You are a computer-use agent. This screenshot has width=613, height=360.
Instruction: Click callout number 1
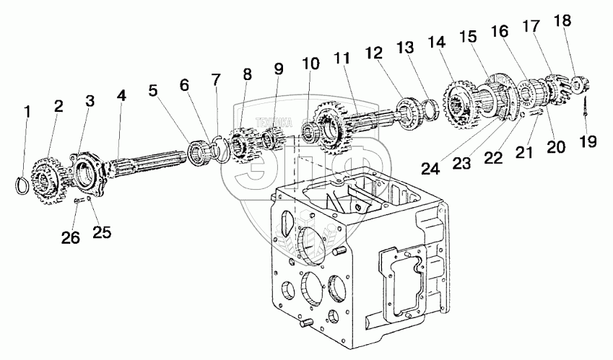pyautogui.click(x=27, y=112)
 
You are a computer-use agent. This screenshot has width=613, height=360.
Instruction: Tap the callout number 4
pyautogui.click(x=121, y=96)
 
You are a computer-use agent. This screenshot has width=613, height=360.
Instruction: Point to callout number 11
pyautogui.click(x=341, y=58)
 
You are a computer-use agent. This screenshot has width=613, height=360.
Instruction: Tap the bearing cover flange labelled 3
pyautogui.click(x=85, y=170)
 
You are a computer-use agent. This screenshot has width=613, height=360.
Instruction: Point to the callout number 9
pyautogui.click(x=278, y=71)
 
